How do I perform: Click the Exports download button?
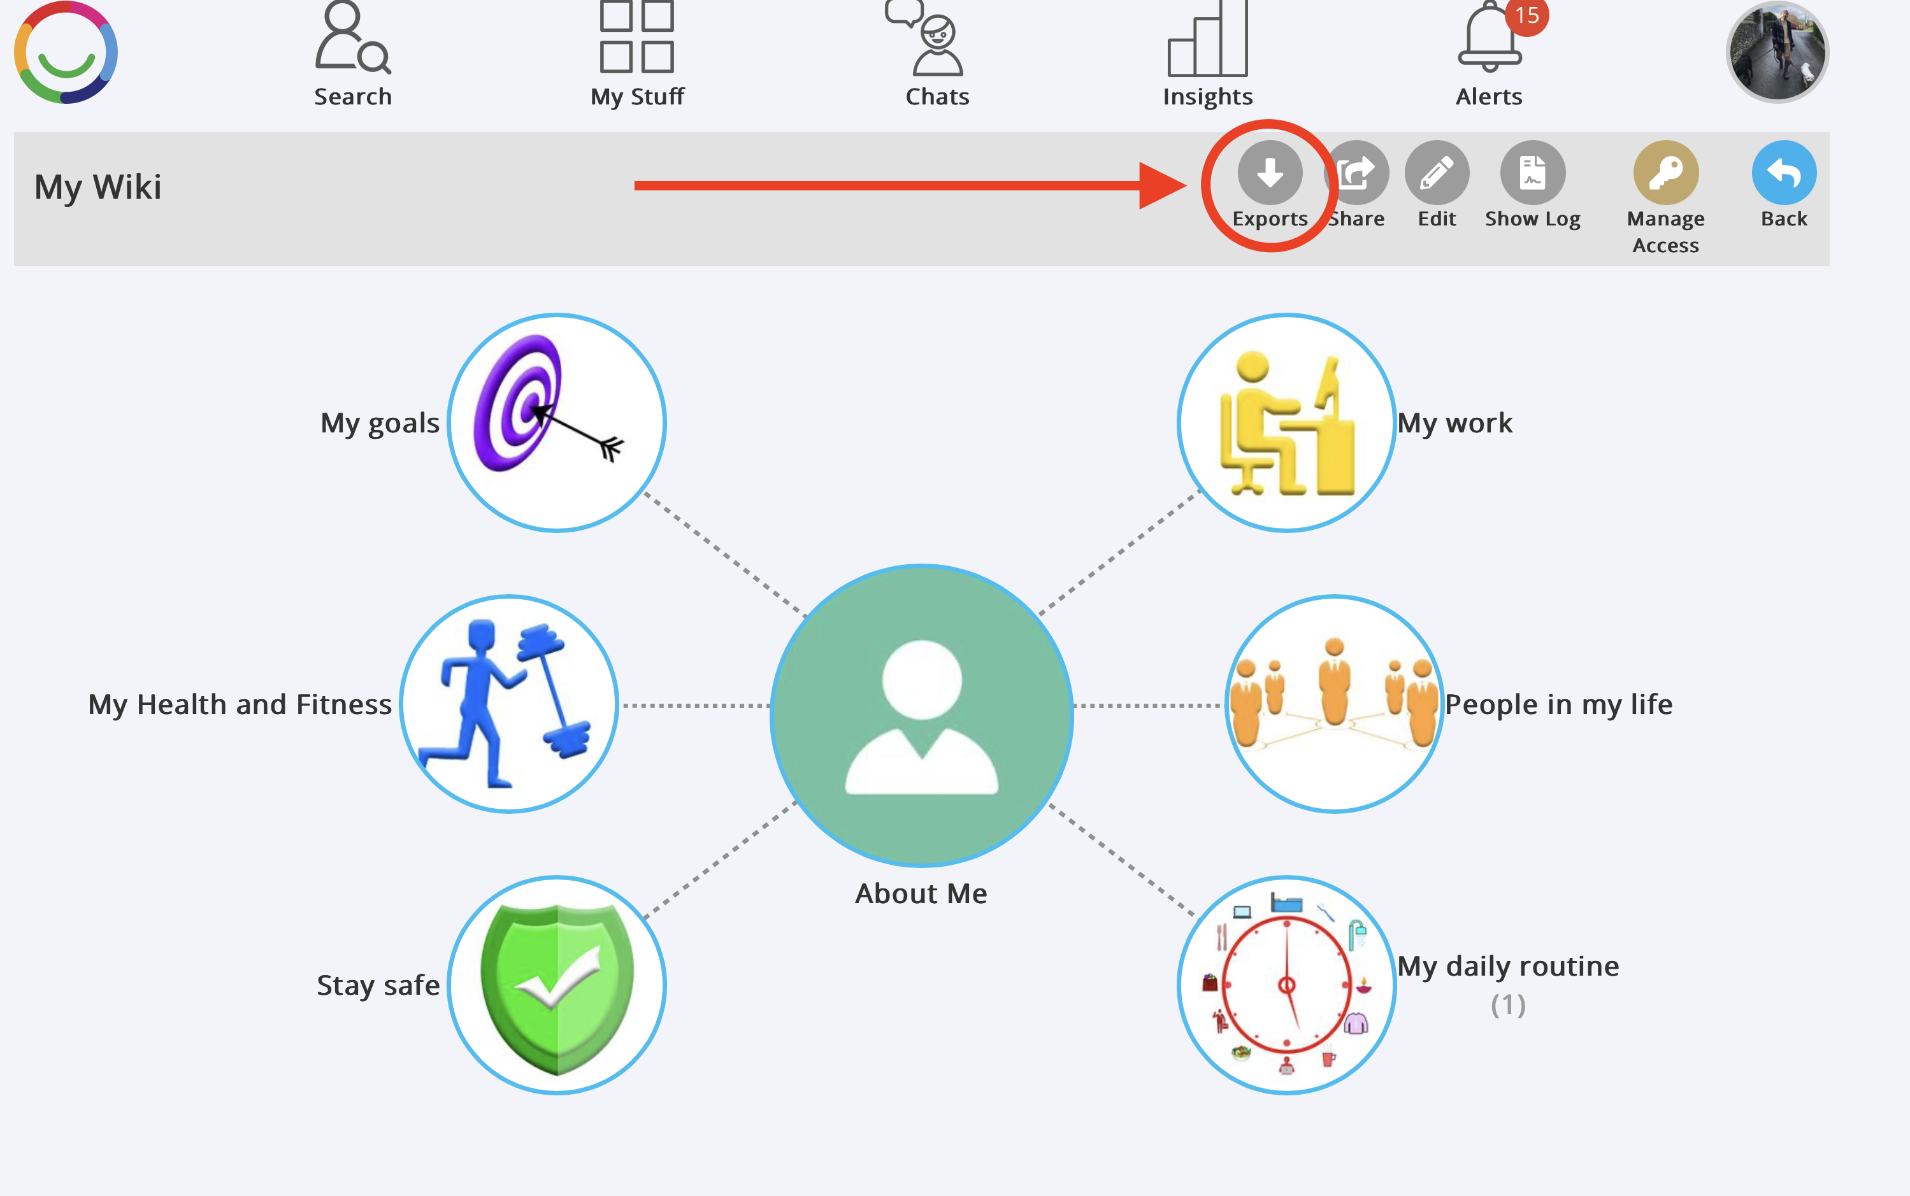1269,173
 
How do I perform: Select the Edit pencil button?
1436,173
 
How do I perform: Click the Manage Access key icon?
1665,173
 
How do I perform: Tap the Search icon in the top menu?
352,39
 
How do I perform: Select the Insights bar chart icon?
1207,39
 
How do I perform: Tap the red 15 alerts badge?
1526,16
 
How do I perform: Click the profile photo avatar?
1776,52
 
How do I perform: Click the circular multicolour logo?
66,52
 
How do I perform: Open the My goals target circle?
556,424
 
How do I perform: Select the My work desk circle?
1286,424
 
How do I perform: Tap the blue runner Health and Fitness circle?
509,704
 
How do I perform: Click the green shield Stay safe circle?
556,985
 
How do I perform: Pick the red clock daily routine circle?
1286,985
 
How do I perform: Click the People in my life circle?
1334,704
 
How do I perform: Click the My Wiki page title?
98,187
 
